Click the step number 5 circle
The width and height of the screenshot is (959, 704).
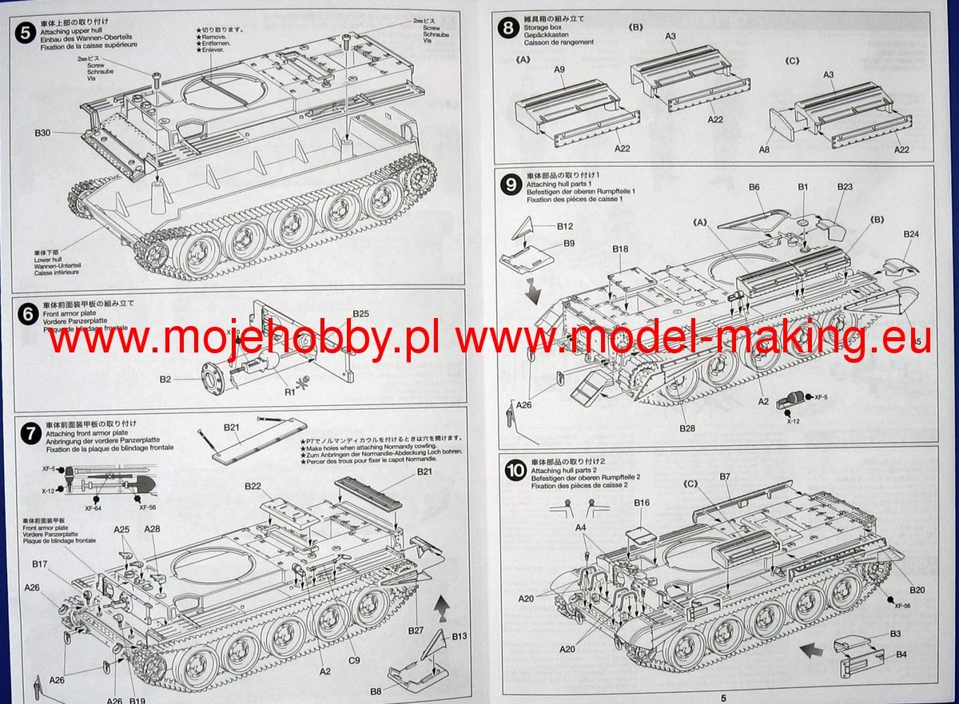click(25, 33)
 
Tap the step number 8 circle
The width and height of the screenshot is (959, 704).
click(507, 29)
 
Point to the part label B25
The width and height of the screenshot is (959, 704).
click(360, 313)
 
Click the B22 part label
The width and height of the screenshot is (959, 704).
click(253, 487)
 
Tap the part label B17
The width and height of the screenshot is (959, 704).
click(40, 564)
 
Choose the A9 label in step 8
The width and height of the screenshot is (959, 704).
click(559, 70)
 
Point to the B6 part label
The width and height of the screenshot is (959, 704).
click(754, 187)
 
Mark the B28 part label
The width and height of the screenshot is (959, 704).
click(687, 428)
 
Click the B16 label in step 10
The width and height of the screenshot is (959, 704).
click(642, 503)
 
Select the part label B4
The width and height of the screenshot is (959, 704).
click(900, 655)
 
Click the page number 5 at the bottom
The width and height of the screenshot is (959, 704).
click(722, 698)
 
